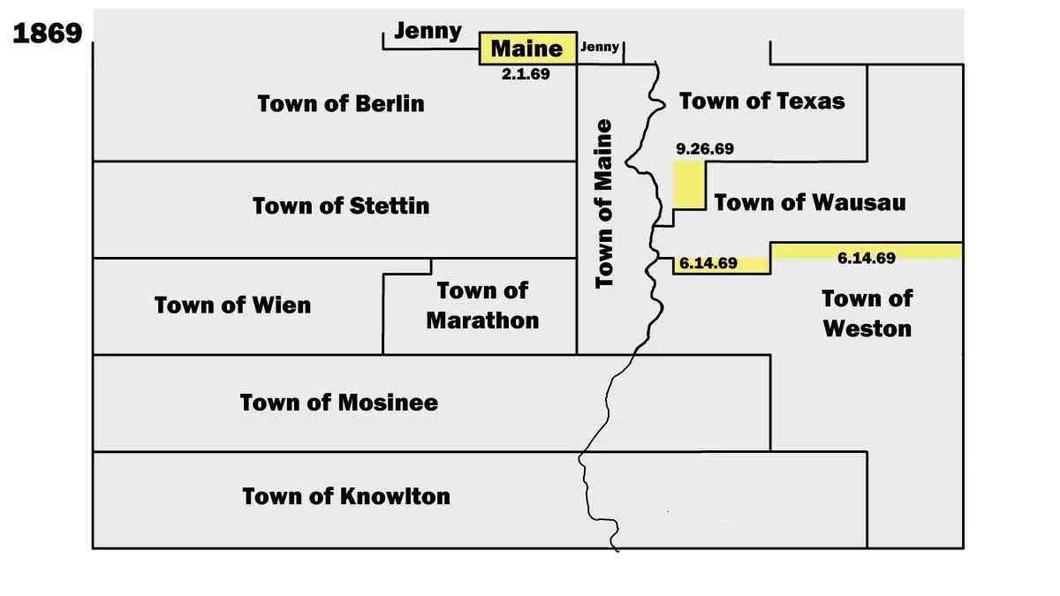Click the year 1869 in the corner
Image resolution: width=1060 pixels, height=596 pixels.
tap(48, 34)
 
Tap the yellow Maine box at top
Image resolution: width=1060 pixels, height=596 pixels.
tap(527, 48)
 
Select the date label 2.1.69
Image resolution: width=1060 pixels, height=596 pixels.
tap(526, 75)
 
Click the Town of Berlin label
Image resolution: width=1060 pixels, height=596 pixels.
tap(341, 103)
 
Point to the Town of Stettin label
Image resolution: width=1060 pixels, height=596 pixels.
tap(341, 206)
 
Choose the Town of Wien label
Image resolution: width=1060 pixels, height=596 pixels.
tap(232, 306)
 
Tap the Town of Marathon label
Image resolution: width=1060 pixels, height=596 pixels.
tap(482, 305)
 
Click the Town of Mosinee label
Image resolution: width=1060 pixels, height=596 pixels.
tap(339, 403)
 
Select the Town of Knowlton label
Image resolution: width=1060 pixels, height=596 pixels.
tap(346, 496)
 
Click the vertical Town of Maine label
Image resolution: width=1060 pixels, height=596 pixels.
tap(604, 203)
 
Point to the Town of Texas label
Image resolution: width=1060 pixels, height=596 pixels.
tap(761, 101)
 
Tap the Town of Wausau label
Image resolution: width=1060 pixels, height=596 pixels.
tap(810, 202)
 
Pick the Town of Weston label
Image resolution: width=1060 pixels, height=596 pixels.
tap(867, 313)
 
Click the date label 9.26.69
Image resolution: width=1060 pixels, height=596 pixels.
tap(704, 148)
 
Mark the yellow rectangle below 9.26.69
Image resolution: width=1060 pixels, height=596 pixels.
tap(689, 184)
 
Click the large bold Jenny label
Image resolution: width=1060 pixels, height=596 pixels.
tap(428, 31)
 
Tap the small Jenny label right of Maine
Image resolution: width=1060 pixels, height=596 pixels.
tap(600, 48)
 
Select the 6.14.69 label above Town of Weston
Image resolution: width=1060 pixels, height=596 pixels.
tap(866, 258)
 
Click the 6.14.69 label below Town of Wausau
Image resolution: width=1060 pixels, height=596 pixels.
tap(708, 263)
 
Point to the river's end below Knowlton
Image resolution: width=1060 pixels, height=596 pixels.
tap(616, 549)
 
